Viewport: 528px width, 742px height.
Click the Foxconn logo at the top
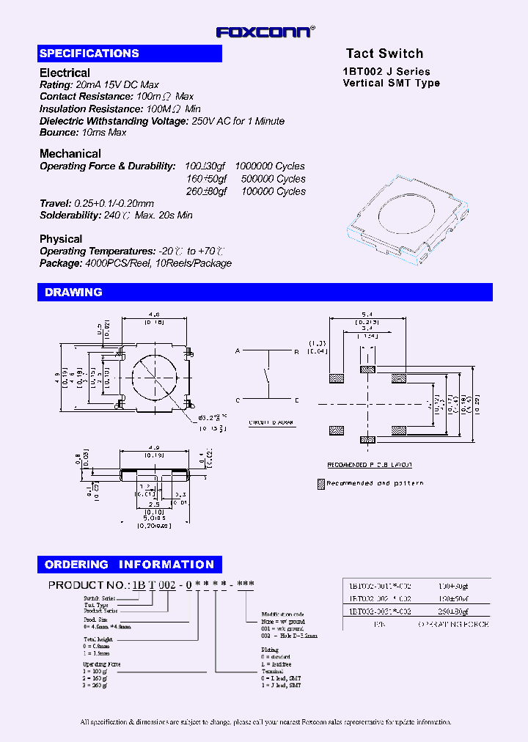pos(265,32)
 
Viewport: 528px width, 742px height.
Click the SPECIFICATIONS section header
pos(89,54)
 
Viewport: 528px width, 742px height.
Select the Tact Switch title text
pos(384,54)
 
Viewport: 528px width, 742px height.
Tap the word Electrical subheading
pos(65,73)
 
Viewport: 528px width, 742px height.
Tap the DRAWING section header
pos(73,292)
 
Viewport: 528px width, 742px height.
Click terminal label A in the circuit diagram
pos(237,352)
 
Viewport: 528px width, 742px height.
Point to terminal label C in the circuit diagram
pos(237,400)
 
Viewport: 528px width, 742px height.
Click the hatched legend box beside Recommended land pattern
pos(320,484)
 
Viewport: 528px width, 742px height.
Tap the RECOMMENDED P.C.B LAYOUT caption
pos(369,465)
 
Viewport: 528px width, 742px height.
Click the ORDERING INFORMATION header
pos(129,565)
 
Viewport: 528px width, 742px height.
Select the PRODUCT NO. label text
pos(88,585)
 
